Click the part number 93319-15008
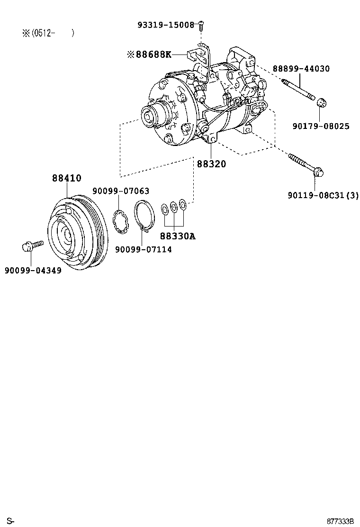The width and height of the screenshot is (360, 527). coord(166,25)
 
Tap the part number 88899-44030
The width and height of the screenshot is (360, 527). coord(301,69)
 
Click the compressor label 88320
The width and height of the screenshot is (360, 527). coord(211,164)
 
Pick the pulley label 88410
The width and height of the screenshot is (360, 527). coord(66,178)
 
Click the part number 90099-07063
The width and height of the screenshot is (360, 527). coord(121,191)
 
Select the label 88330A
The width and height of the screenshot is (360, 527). coord(177,236)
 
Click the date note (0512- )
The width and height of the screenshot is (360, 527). coord(48,33)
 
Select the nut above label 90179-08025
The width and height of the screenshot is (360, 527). coord(321,102)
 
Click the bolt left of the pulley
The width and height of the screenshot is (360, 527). coord(32,245)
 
